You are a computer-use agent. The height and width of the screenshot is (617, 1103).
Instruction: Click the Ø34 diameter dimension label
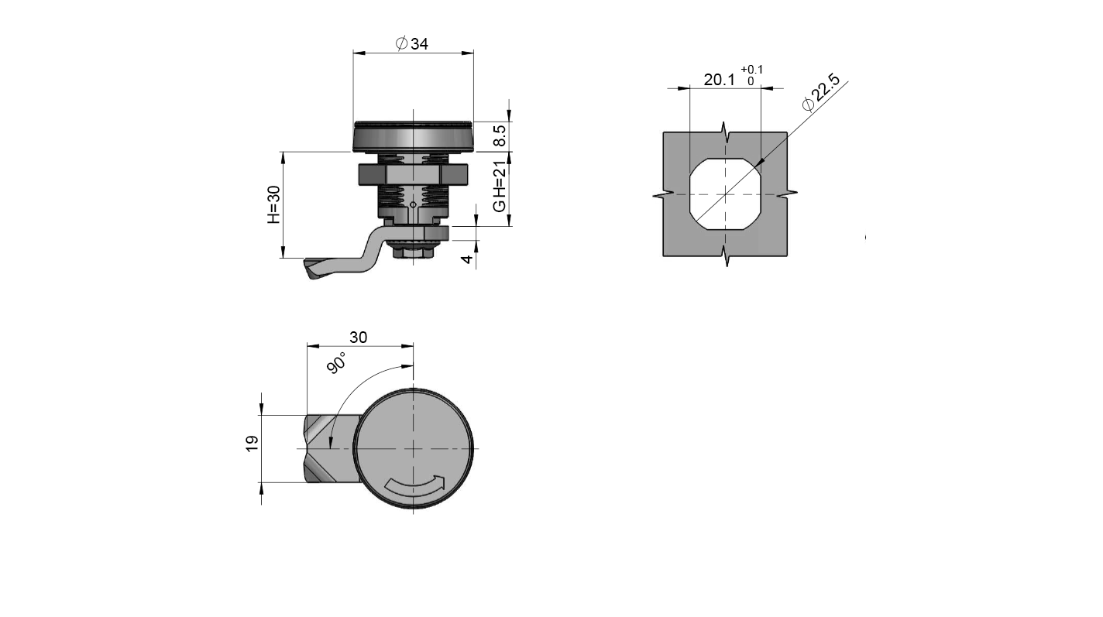tap(411, 44)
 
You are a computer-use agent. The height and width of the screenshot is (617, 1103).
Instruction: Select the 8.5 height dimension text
tap(500, 135)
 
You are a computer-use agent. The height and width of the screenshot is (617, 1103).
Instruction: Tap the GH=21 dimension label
tap(500, 187)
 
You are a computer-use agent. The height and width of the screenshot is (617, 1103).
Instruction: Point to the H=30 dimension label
tap(273, 204)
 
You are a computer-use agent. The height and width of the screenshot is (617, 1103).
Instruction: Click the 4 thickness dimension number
tap(467, 259)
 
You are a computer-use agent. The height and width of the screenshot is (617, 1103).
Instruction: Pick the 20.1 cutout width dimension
tap(719, 80)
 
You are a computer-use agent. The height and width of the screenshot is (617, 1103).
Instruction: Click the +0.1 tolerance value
tap(751, 70)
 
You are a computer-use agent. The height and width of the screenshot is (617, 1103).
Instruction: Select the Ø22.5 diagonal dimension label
tap(820, 92)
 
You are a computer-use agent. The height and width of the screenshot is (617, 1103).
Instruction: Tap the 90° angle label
tap(337, 363)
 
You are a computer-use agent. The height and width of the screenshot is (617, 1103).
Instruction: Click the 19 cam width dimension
tap(252, 444)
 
